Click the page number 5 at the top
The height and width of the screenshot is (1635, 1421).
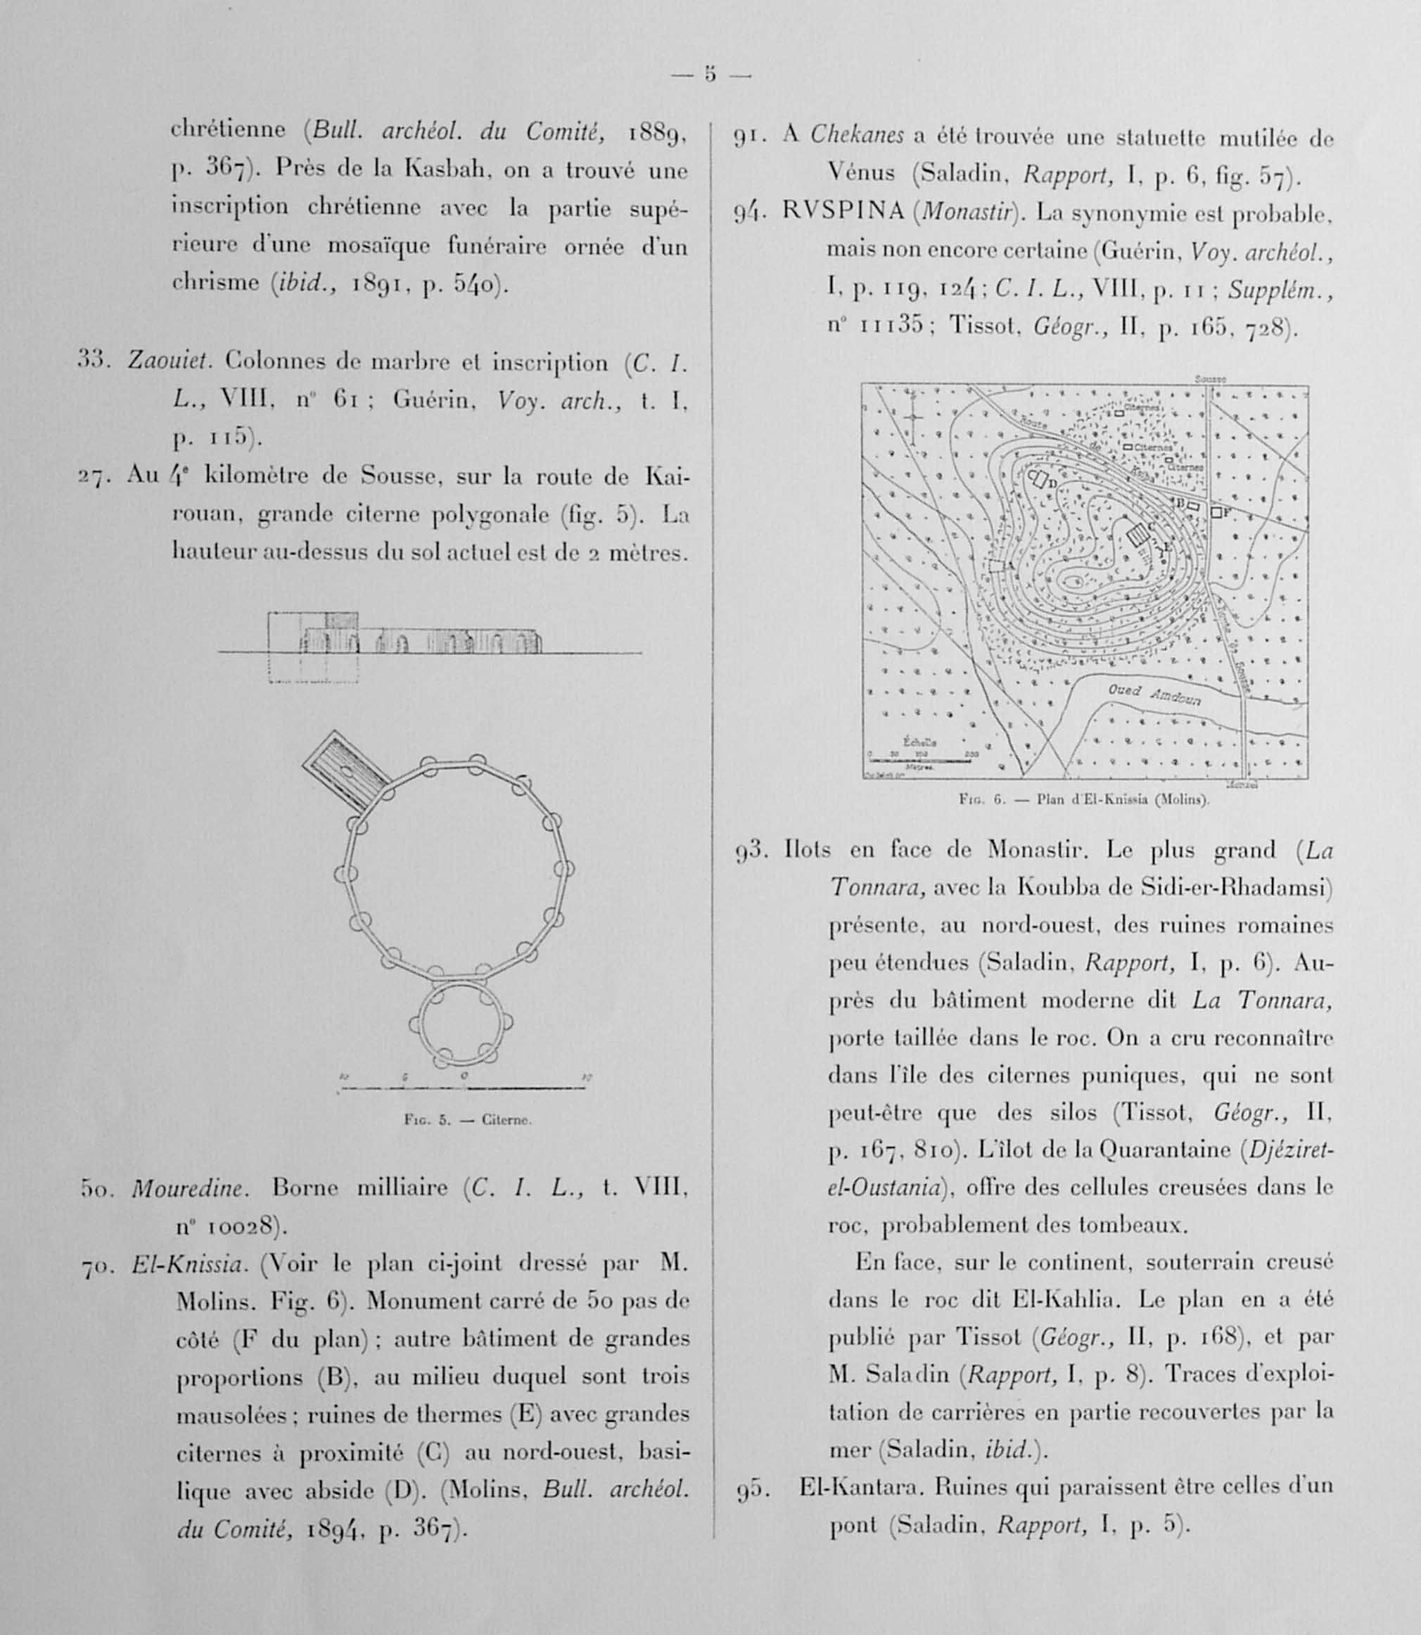click(710, 75)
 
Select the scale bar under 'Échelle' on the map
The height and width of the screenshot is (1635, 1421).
click(920, 761)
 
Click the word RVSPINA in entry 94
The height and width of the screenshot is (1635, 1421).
click(843, 212)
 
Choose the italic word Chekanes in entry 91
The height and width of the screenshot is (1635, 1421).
click(856, 136)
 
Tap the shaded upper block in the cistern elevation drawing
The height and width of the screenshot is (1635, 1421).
click(342, 620)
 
